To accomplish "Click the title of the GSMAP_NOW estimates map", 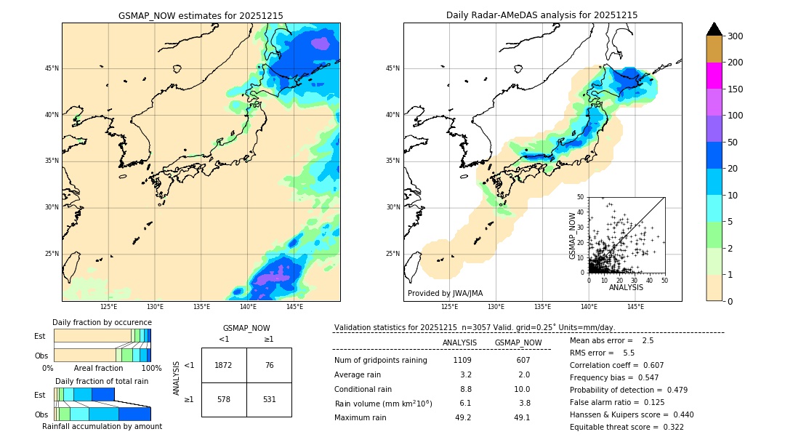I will [201, 15].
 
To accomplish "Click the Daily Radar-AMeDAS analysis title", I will [542, 15].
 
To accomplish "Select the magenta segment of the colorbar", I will [714, 76].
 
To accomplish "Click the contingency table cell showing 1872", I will [224, 365].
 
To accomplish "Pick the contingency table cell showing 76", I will [269, 365].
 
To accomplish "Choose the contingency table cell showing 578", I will [224, 399].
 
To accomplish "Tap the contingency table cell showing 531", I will [269, 399].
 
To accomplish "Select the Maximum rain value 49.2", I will [463, 417].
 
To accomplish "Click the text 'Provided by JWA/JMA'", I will [445, 294].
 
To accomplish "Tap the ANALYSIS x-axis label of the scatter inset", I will [626, 287].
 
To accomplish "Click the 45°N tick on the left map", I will [52, 68].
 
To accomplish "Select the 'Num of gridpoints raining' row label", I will [381, 361].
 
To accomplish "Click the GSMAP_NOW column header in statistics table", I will [518, 342].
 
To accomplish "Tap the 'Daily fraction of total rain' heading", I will [102, 381].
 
